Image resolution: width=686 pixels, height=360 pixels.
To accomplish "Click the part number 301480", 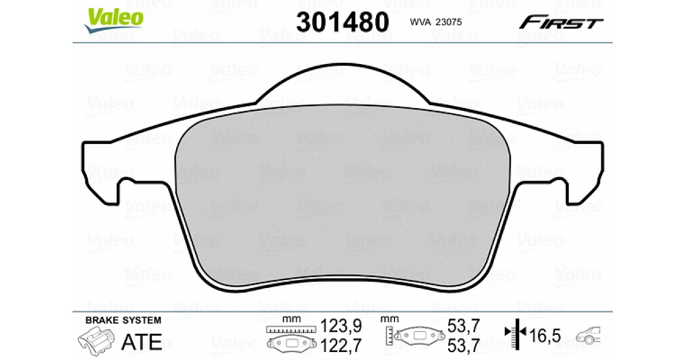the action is pyautogui.click(x=342, y=22).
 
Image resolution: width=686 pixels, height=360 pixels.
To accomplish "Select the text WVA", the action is pyautogui.click(x=420, y=22).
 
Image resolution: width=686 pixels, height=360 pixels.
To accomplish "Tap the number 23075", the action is pyautogui.click(x=448, y=22).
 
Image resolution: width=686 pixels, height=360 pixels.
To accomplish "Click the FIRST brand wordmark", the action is pyautogui.click(x=561, y=22).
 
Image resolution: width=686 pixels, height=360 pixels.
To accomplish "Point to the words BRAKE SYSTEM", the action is pyautogui.click(x=123, y=320).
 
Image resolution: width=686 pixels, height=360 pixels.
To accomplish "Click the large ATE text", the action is pyautogui.click(x=142, y=342).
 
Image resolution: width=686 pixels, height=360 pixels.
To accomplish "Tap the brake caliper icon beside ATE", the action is pyautogui.click(x=96, y=341).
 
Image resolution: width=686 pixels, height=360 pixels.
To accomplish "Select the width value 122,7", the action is pyautogui.click(x=341, y=345).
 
